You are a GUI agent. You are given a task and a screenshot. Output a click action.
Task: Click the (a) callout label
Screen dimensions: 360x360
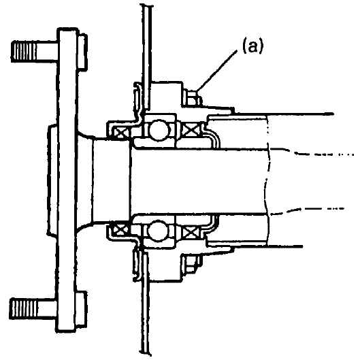[x=252, y=47]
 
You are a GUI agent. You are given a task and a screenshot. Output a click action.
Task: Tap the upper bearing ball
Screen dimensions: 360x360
[x=159, y=130]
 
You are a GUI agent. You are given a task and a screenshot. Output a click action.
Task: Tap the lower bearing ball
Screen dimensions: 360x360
[x=158, y=231]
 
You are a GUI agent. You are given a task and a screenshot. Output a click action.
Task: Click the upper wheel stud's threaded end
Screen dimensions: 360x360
[x=24, y=51]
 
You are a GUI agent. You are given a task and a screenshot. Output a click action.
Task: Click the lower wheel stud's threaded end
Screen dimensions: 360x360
[x=22, y=308]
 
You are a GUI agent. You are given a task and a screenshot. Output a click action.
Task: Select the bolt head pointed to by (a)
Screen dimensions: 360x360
[x=191, y=97]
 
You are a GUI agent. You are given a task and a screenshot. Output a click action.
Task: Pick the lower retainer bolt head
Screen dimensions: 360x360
[x=191, y=264]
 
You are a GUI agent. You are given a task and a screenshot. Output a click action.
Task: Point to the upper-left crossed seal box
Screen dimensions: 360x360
[x=121, y=133]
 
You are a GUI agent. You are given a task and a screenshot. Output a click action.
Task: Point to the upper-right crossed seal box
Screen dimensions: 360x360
[x=191, y=131]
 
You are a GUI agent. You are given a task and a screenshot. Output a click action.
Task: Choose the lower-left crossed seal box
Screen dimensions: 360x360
[x=120, y=230]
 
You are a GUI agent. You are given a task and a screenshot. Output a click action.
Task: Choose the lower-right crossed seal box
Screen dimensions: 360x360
[x=191, y=232]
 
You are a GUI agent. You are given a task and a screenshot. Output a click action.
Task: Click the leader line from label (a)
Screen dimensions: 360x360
[x=216, y=71]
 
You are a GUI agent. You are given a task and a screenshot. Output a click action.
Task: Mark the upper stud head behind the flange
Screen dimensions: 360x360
[x=82, y=52]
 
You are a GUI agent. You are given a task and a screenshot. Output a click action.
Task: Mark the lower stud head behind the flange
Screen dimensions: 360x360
[x=82, y=309]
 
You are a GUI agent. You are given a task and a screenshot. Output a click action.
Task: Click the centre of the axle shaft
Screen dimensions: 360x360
[x=197, y=182]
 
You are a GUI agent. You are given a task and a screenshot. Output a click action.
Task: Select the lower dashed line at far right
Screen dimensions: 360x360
[x=308, y=211]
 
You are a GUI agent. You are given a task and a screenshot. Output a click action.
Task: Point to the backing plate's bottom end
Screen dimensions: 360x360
[x=146, y=353]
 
